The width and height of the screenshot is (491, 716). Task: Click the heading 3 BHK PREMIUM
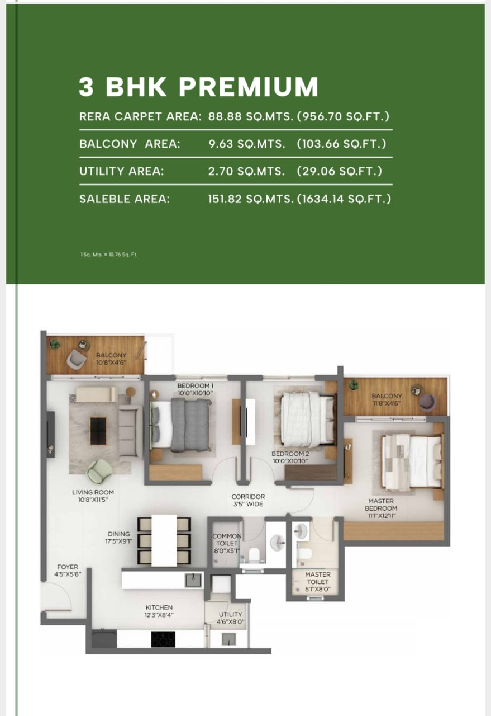tap(198, 87)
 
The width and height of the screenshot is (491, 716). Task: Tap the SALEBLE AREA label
tap(125, 199)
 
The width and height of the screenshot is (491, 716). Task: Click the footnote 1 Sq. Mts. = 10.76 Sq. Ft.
tap(109, 255)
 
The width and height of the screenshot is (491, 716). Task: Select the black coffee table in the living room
tap(98, 430)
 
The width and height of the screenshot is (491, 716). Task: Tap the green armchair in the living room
tap(99, 470)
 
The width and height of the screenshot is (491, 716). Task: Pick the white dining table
tap(164, 540)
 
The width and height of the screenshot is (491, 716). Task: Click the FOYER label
tap(68, 570)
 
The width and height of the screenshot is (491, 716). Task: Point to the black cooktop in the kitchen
tap(163, 639)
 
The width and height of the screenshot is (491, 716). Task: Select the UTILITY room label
tap(230, 618)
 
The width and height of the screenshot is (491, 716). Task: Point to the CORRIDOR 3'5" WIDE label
tap(248, 500)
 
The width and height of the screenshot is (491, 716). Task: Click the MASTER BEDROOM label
tap(382, 505)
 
